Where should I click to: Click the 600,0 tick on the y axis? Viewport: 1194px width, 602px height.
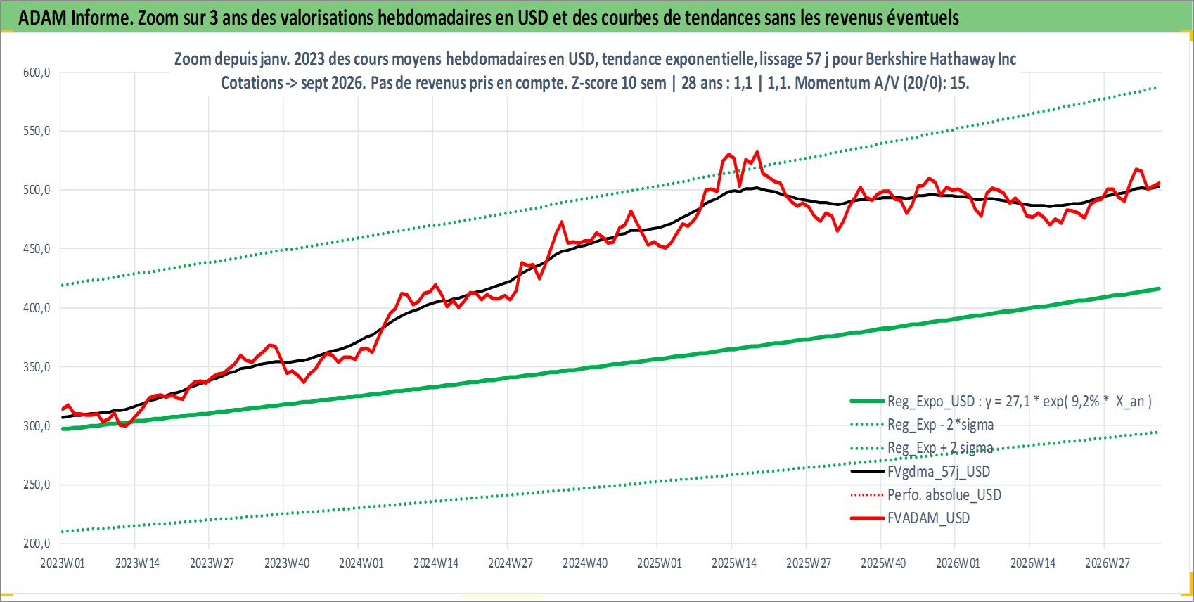(x=37, y=72)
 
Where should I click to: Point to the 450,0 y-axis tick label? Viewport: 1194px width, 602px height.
(x=37, y=249)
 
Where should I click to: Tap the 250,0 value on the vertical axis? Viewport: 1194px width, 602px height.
(x=37, y=485)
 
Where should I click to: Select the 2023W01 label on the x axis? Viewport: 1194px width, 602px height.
(x=63, y=563)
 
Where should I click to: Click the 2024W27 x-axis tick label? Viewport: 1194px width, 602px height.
(x=511, y=563)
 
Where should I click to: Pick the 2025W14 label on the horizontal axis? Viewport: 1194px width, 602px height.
(x=734, y=563)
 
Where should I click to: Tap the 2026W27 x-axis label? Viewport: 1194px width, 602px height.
(x=1107, y=563)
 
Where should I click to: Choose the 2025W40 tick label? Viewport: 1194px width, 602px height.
(x=883, y=563)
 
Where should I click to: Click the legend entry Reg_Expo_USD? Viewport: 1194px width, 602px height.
(x=1001, y=402)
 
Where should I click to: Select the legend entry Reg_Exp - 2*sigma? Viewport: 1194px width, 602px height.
(x=922, y=425)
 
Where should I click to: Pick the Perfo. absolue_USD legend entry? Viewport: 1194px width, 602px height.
(x=926, y=495)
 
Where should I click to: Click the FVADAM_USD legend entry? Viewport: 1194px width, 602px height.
(x=910, y=518)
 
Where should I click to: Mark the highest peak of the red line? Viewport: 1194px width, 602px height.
(x=757, y=151)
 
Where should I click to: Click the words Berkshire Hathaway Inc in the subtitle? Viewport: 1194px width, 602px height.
(x=941, y=58)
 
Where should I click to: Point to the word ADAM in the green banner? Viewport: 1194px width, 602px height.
(x=42, y=18)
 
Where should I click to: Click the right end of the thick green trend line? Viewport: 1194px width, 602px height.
(x=1160, y=288)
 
